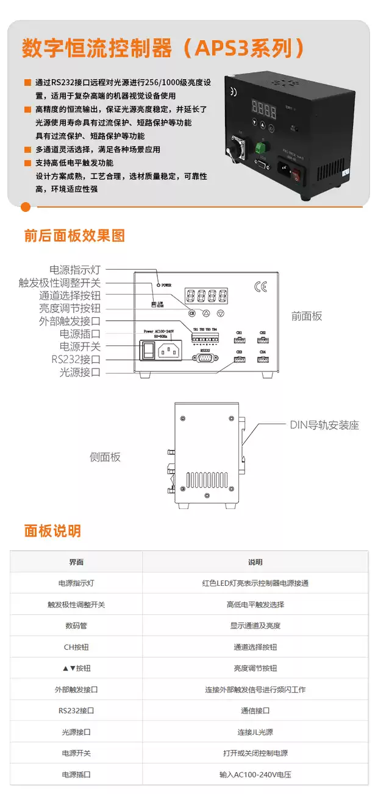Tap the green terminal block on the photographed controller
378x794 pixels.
pyautogui.click(x=262, y=148)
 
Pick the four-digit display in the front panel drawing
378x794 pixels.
pyautogui.click(x=207, y=297)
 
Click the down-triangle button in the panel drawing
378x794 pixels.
pyautogui.click(x=221, y=314)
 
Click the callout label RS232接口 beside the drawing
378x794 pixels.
pyautogui.click(x=76, y=359)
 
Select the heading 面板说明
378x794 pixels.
pyautogui.click(x=52, y=531)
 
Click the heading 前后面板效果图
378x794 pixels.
pyautogui.click(x=74, y=236)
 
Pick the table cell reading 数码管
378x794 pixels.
pyautogui.click(x=76, y=625)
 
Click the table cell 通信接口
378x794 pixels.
pyautogui.click(x=255, y=711)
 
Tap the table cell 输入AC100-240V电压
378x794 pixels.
pyautogui.click(x=255, y=775)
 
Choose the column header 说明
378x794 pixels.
pyautogui.click(x=255, y=562)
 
